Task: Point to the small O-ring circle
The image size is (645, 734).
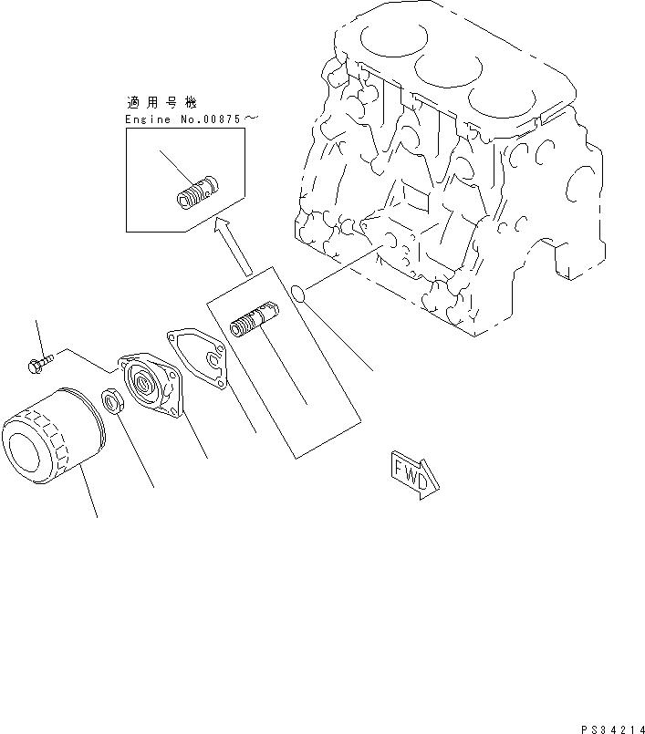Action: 297,293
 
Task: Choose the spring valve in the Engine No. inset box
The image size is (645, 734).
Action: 195,191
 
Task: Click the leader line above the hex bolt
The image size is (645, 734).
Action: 38,336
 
